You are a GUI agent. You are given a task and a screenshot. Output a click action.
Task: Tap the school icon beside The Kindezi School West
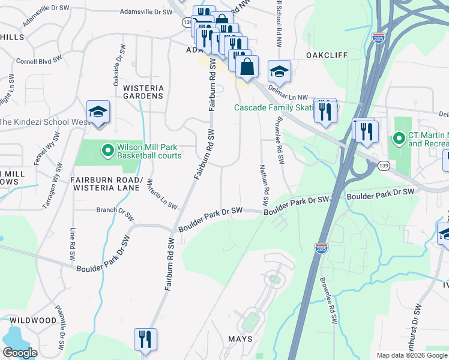pyautogui.click(x=98, y=112)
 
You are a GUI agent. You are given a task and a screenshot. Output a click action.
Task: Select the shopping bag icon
pyautogui.click(x=247, y=67)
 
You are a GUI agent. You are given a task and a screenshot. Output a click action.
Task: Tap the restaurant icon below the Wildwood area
pyautogui.click(x=145, y=339)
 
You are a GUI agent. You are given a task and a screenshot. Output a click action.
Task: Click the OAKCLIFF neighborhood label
pyautogui.click(x=327, y=55)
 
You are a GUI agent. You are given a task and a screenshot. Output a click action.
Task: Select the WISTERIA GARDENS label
pyautogui.click(x=143, y=92)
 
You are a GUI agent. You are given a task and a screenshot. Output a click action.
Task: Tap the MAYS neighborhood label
pyautogui.click(x=240, y=339)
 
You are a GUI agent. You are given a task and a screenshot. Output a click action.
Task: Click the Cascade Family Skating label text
pyautogui.click(x=274, y=107)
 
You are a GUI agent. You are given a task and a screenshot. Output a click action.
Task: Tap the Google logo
pyautogui.click(x=20, y=353)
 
